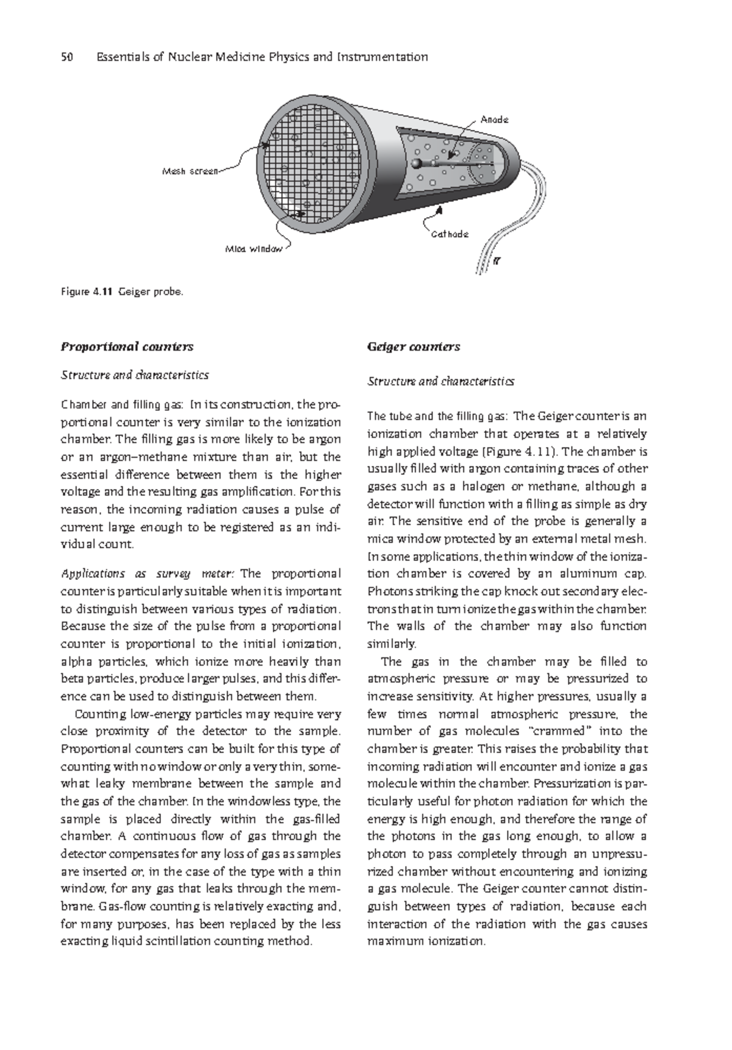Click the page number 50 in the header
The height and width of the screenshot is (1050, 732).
(x=67, y=57)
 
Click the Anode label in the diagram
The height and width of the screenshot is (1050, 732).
(x=493, y=120)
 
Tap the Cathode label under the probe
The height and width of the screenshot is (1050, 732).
(x=450, y=234)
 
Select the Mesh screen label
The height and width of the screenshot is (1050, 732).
(x=189, y=172)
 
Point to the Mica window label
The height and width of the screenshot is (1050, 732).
(x=254, y=249)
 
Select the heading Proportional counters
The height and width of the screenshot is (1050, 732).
(x=126, y=346)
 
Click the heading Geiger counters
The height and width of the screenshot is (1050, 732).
(x=413, y=346)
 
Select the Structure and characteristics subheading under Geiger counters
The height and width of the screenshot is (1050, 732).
(x=440, y=381)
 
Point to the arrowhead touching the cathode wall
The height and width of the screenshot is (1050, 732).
(x=438, y=209)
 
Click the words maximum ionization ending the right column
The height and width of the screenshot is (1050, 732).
(x=425, y=941)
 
